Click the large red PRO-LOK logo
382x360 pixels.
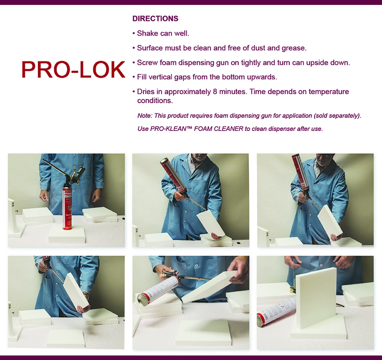(x=73, y=70)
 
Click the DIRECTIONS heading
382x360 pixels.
(x=155, y=19)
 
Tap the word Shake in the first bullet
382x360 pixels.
(x=146, y=34)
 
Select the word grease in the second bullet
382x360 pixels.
(x=293, y=48)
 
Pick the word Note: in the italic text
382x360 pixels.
(x=145, y=116)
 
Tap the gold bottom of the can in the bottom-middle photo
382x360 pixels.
(x=143, y=297)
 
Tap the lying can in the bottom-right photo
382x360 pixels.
(x=277, y=310)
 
